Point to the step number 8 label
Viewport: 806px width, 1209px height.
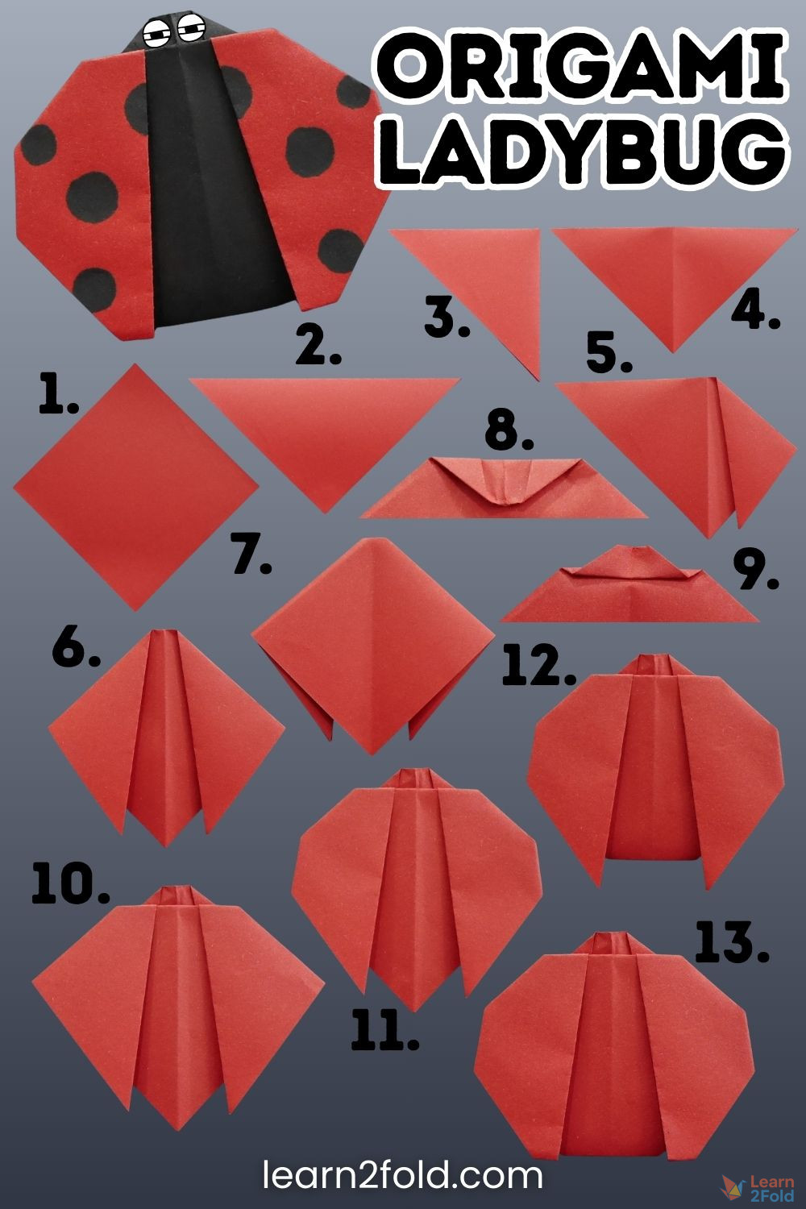click(x=509, y=431)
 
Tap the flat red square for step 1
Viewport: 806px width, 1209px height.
click(x=135, y=486)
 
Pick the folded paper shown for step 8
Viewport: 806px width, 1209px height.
click(x=503, y=488)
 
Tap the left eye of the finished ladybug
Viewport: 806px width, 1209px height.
click(x=157, y=33)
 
